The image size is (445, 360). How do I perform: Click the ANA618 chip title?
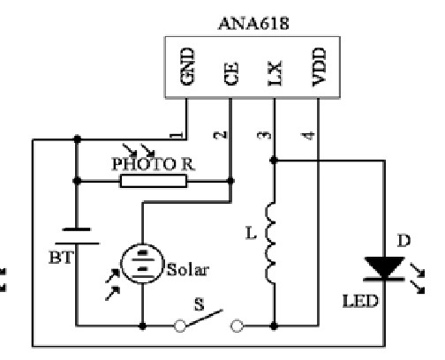[253, 24]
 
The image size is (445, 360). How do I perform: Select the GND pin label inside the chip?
[187, 67]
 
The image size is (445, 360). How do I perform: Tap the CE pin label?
[231, 74]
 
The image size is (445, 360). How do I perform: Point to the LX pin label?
[275, 73]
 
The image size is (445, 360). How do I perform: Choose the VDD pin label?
[319, 67]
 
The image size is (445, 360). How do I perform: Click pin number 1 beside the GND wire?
[177, 135]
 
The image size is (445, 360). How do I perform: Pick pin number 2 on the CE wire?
[221, 135]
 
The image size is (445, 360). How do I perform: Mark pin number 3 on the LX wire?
[264, 135]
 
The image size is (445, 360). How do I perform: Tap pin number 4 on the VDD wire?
[308, 136]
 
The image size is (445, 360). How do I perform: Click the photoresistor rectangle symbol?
[154, 181]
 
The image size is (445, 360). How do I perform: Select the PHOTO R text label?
[154, 164]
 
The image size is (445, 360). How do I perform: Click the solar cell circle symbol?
[142, 264]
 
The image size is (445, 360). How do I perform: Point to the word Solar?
[188, 269]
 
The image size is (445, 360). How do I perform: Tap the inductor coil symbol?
[271, 243]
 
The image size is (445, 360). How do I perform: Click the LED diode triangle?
[384, 267]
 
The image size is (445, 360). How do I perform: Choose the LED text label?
[360, 301]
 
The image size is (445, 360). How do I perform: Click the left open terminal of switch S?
[180, 326]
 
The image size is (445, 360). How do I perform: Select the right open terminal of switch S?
[237, 326]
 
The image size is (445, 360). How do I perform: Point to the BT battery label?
[61, 258]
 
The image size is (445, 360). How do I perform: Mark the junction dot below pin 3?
[274, 161]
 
